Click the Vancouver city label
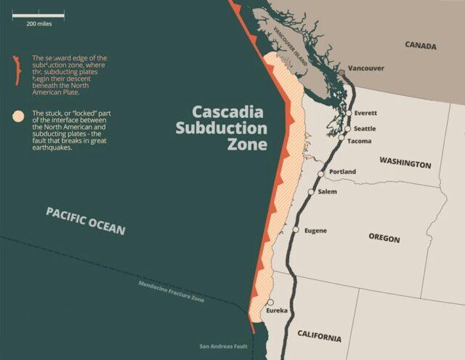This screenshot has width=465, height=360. coord(366,68)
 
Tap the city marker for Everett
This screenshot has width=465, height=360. coord(349,113)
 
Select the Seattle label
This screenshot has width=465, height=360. coord(365,128)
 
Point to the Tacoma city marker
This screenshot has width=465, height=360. coord(341,137)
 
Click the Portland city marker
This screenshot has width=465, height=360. coord(321,174)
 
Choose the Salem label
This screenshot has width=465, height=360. coord(327,191)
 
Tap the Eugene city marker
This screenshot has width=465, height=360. coord(296,230)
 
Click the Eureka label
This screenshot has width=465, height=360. coord(277,311)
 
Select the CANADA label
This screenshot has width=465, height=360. coord(420,46)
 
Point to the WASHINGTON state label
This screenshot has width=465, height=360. coord(405,164)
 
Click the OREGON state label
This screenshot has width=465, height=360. coord(384,238)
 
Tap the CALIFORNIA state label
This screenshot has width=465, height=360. coord(318,337)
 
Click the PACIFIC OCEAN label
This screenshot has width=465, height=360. coord(85,220)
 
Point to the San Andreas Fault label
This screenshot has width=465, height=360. coord(223,346)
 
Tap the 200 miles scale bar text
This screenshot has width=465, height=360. coord(38,23)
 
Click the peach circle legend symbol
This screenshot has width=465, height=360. coord(17,115)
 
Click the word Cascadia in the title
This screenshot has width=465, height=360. coord(229,112)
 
